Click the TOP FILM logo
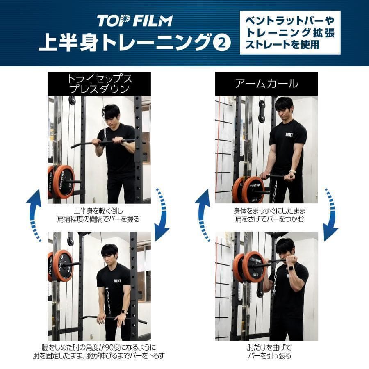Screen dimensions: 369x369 tap(134, 20)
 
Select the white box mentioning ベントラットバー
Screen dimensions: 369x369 tap(290, 32)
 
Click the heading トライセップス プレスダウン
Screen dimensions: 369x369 tap(100, 84)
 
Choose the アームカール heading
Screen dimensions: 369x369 tap(266, 84)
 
